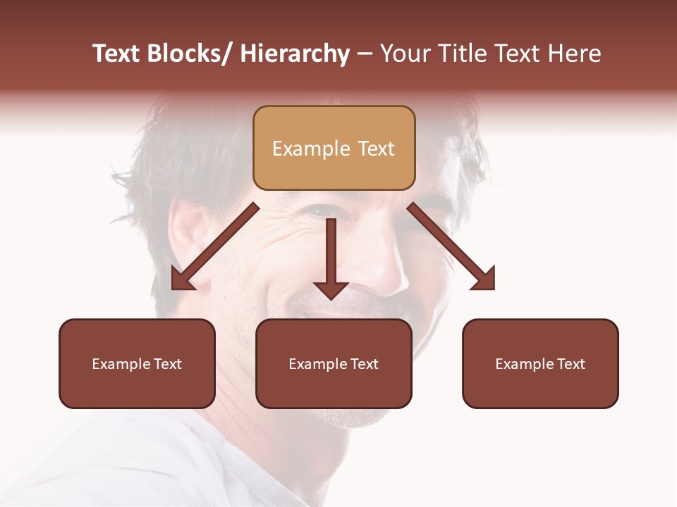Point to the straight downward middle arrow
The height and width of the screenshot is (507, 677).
[x=331, y=254]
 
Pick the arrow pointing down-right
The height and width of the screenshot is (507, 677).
[x=451, y=246]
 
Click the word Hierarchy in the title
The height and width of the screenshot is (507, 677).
[x=295, y=54]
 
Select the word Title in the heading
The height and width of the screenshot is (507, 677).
[x=459, y=54]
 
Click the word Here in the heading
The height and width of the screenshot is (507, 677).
[x=574, y=54]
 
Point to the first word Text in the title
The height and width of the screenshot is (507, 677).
[x=116, y=54]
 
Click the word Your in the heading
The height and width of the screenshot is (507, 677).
[x=405, y=54]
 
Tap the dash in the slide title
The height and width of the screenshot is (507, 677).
[x=364, y=55]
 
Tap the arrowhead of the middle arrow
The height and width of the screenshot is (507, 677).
[x=331, y=289]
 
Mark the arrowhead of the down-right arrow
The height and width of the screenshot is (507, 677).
[x=486, y=280]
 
